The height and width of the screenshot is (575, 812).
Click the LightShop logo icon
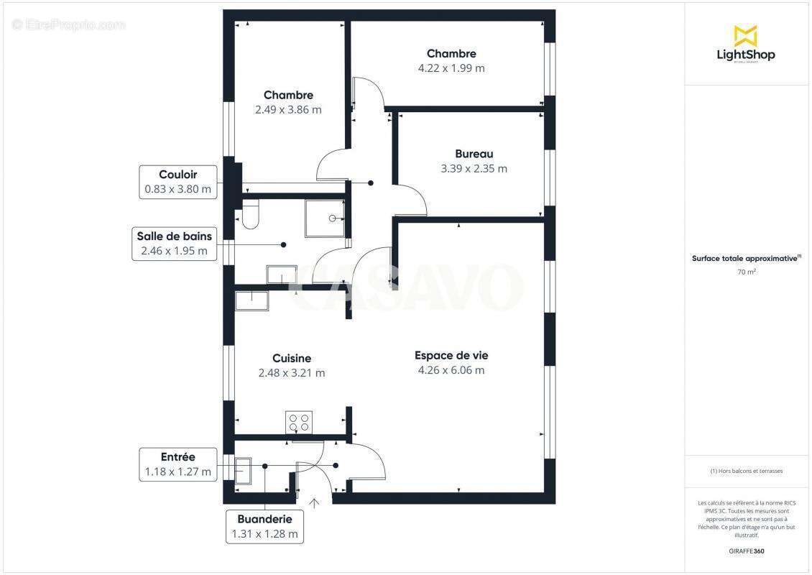[745, 35]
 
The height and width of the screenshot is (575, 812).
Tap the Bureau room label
[474, 154]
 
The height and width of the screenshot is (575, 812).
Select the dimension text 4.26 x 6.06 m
[451, 370]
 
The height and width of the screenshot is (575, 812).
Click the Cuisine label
[292, 358]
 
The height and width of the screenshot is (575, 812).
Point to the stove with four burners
[299, 421]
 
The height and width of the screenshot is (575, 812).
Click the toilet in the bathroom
[250, 215]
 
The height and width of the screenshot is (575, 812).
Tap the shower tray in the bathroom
[325, 218]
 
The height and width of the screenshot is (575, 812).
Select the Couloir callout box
[178, 182]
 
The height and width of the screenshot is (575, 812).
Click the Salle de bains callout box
[175, 244]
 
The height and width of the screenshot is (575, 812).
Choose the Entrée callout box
[178, 464]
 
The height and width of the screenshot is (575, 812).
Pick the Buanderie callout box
[264, 527]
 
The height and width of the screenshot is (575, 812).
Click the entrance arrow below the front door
[313, 502]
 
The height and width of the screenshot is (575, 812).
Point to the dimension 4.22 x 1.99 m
[451, 68]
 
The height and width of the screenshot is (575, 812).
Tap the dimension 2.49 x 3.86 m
[288, 110]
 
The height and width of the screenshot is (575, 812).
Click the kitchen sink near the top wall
[252, 300]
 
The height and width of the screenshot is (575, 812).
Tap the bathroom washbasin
[282, 275]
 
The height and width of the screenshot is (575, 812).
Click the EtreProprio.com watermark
[69, 25]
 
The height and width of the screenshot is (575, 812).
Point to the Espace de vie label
[451, 355]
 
